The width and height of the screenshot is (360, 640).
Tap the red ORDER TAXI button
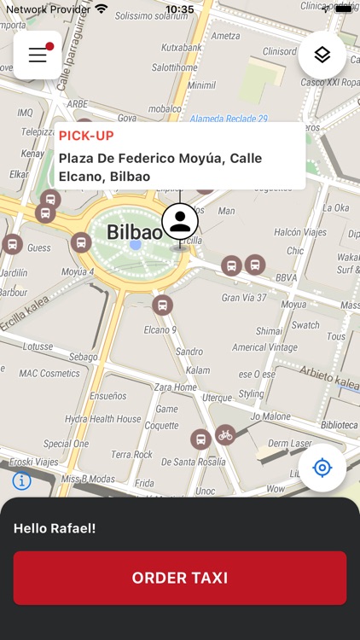click(180, 578)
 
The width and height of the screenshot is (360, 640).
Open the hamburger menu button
click(38, 55)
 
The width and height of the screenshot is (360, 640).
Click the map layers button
click(322, 55)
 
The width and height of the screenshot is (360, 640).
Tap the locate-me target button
click(322, 468)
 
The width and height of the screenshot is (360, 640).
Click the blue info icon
click(22, 480)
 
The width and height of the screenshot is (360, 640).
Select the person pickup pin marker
click(180, 221)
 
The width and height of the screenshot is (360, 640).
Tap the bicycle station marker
click(224, 435)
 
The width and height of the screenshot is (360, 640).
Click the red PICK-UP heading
click(86, 136)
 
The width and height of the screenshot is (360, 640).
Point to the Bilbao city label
click(134, 232)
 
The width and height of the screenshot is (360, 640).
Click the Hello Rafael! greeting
click(55, 528)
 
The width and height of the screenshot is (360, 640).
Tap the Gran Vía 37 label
click(244, 298)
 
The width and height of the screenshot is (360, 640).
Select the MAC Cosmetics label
click(49, 373)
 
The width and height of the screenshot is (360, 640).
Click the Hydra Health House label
click(103, 419)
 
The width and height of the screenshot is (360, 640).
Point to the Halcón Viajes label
click(299, 233)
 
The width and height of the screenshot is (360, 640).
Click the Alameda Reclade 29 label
click(229, 119)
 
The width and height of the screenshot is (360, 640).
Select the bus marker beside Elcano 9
click(162, 305)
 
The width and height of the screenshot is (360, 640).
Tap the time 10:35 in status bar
click(179, 9)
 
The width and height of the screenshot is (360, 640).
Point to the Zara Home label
click(176, 387)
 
